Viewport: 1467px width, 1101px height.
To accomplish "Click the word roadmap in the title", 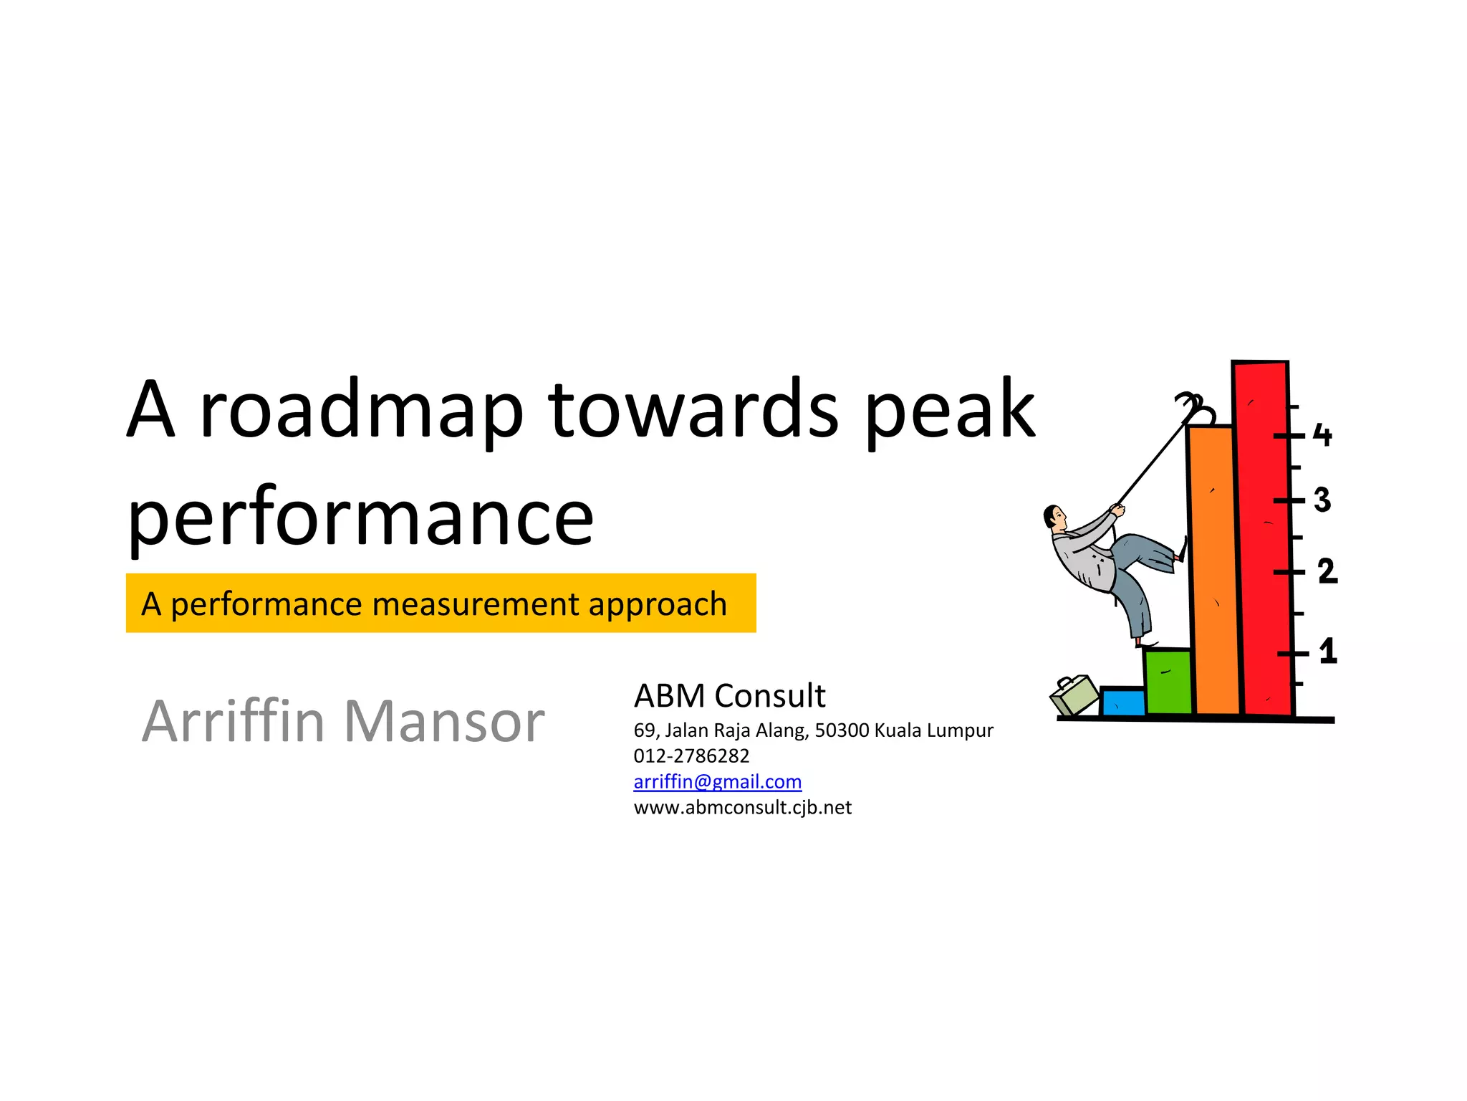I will (362, 411).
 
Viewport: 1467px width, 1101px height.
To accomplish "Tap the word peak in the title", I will (950, 411).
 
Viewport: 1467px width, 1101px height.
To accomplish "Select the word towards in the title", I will (693, 409).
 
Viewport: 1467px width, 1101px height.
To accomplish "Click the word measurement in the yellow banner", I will (476, 604).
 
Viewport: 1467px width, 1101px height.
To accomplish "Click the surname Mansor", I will (444, 721).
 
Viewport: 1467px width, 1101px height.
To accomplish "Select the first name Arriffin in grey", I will (234, 721).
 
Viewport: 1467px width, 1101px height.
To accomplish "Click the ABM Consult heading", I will (729, 695).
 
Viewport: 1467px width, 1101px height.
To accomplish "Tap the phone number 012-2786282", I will (691, 756).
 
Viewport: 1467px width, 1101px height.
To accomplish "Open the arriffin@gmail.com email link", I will (717, 781).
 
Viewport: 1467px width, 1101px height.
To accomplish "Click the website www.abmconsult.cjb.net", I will (742, 807).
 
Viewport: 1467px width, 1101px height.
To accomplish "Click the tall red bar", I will (1265, 538).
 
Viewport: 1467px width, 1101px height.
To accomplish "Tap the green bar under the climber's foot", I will (1168, 681).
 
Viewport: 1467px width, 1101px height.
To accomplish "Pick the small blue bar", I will (1122, 702).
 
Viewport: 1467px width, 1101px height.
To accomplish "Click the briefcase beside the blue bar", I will (1074, 695).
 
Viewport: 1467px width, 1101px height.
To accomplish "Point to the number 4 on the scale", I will (1322, 435).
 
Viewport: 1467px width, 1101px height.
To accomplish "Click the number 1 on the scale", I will (1328, 651).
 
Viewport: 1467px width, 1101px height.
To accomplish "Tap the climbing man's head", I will (1054, 517).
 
